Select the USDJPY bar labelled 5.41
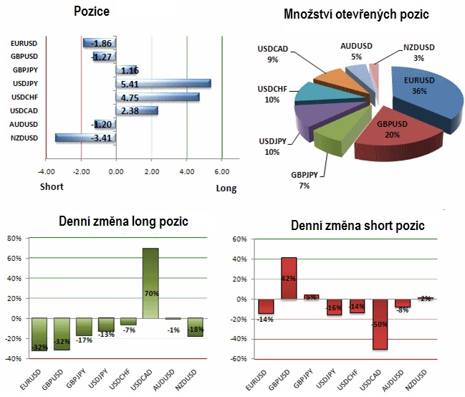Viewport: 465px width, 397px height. (x=163, y=84)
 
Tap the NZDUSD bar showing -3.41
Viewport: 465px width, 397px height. (x=85, y=138)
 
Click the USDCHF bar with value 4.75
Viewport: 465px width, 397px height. (x=158, y=97)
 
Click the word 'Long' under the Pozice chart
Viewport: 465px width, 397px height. (x=226, y=188)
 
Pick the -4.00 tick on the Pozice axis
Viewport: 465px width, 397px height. (x=47, y=172)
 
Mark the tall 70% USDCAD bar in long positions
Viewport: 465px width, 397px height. (x=150, y=283)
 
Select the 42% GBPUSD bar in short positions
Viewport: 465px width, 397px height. (x=289, y=278)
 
